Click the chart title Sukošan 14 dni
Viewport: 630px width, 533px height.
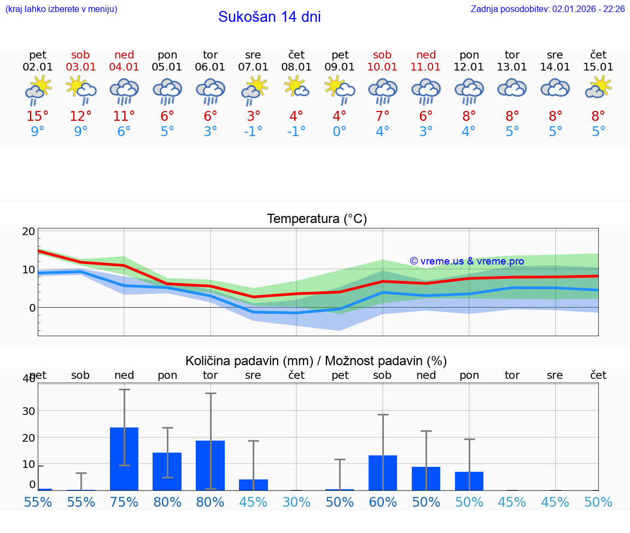[x=269, y=17]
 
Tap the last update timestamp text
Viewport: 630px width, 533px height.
[x=547, y=9]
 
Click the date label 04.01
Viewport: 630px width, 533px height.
[x=124, y=67]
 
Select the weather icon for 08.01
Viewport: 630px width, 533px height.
[x=296, y=87]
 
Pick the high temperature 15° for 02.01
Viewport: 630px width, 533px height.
[x=38, y=116]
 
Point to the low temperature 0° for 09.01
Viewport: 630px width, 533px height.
[x=340, y=132]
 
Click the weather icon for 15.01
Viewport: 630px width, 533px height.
[x=598, y=87]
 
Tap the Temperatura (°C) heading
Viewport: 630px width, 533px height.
[x=317, y=219]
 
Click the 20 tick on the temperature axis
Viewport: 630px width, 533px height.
[x=28, y=231]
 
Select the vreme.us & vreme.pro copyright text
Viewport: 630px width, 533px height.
[x=466, y=261]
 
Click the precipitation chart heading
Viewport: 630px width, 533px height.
[x=316, y=361]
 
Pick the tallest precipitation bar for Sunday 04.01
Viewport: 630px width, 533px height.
[x=124, y=459]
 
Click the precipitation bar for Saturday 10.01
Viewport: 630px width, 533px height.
[x=383, y=473]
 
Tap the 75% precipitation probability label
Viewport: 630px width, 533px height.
[x=124, y=502]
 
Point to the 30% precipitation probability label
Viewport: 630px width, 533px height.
[x=296, y=502]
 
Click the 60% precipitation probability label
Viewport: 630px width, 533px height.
[x=383, y=502]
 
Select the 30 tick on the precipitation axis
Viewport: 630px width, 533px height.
[x=28, y=411]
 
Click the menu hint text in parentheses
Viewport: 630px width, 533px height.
[x=61, y=9]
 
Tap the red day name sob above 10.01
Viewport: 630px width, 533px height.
[x=382, y=55]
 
